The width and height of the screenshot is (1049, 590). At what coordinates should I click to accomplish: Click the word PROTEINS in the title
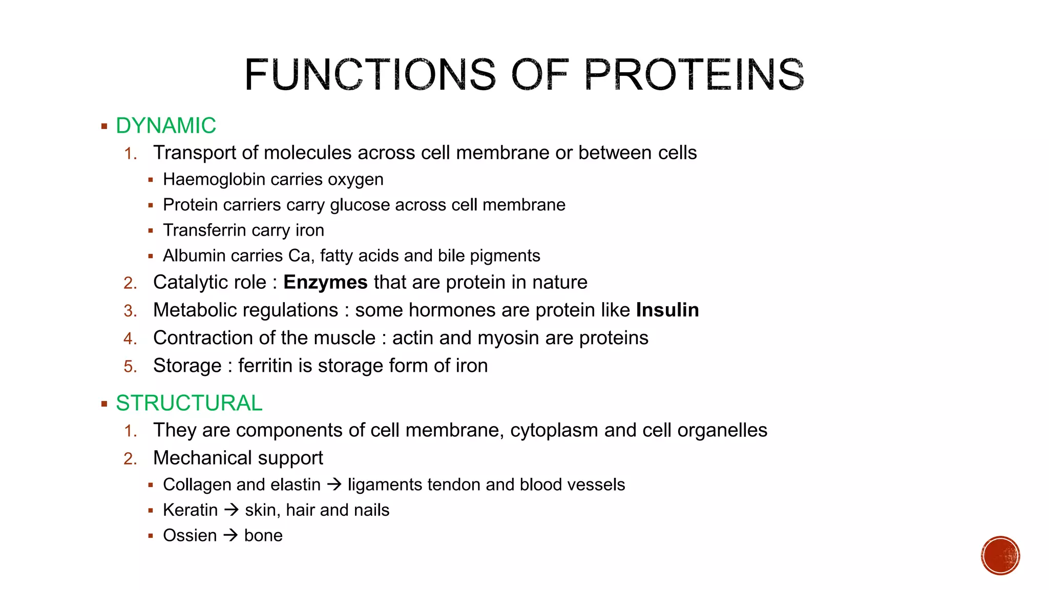[x=694, y=75]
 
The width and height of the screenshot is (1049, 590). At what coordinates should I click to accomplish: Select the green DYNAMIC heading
[x=166, y=126]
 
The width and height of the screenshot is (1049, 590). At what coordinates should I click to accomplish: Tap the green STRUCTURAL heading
[x=189, y=404]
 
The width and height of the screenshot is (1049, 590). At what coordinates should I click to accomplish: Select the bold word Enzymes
[x=325, y=283]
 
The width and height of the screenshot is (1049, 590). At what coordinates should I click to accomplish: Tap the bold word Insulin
[x=667, y=310]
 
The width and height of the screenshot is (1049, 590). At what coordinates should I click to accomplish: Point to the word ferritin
[x=266, y=366]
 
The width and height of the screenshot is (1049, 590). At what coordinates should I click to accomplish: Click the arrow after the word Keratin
[x=232, y=510]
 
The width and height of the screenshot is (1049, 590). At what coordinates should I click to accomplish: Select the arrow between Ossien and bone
[x=230, y=535]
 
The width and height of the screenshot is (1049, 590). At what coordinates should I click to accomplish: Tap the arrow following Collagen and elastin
[x=334, y=484]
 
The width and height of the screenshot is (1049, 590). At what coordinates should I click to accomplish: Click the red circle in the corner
[x=1000, y=556]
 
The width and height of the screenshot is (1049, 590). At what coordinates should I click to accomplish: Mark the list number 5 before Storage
[x=130, y=367]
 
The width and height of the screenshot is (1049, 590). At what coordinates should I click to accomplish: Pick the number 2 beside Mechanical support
[x=130, y=458]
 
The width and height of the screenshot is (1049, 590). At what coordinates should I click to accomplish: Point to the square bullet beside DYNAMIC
[x=104, y=127]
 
